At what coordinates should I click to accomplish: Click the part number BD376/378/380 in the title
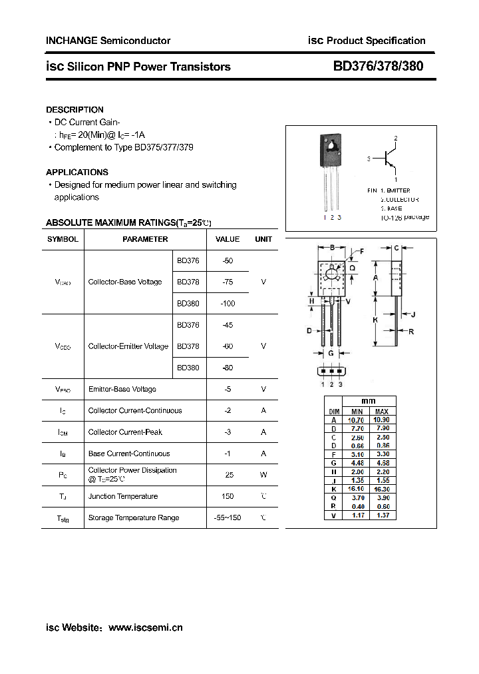click(378, 66)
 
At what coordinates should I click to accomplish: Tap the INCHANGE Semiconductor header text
click(108, 41)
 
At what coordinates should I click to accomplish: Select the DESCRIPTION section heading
click(75, 109)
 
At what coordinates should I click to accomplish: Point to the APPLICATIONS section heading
click(77, 172)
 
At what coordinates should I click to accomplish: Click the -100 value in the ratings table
click(228, 304)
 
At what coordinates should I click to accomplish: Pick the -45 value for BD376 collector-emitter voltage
click(228, 325)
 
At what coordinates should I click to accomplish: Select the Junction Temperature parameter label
click(123, 496)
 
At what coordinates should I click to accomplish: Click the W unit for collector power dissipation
click(263, 475)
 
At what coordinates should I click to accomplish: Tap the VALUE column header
click(228, 239)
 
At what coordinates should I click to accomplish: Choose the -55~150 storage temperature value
click(228, 517)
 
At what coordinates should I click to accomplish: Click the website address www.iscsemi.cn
click(145, 627)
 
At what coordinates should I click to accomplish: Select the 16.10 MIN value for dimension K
click(357, 488)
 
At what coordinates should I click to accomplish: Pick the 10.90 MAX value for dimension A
click(382, 420)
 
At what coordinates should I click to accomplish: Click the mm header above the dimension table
click(369, 402)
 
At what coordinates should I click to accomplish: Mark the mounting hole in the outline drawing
click(331, 272)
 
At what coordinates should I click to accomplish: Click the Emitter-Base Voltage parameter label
click(122, 389)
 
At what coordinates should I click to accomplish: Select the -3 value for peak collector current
click(228, 432)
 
